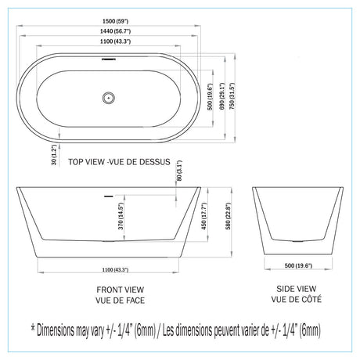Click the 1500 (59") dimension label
[x=115, y=21]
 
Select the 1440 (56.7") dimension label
[x=115, y=31]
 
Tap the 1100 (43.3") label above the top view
[x=115, y=41]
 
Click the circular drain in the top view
[x=109, y=98]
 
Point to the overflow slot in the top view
[x=109, y=59]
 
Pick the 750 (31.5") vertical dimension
[x=232, y=96]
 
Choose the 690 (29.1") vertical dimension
[x=221, y=96]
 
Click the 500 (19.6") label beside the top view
[x=210, y=97]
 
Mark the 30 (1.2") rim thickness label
[x=54, y=155]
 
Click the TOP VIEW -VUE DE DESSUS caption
[x=119, y=162]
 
